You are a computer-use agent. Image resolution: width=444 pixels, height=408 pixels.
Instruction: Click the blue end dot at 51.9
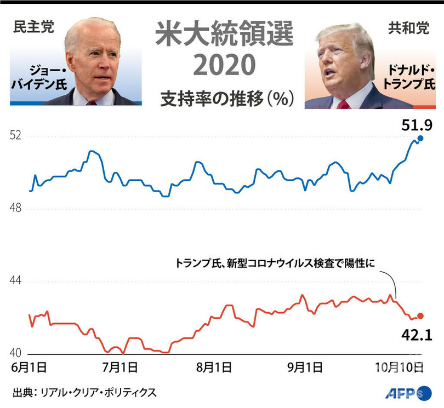coord(420,139)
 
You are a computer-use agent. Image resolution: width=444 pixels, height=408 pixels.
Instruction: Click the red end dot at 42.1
coord(420,315)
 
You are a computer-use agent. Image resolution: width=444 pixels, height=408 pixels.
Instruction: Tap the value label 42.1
coord(418,334)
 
